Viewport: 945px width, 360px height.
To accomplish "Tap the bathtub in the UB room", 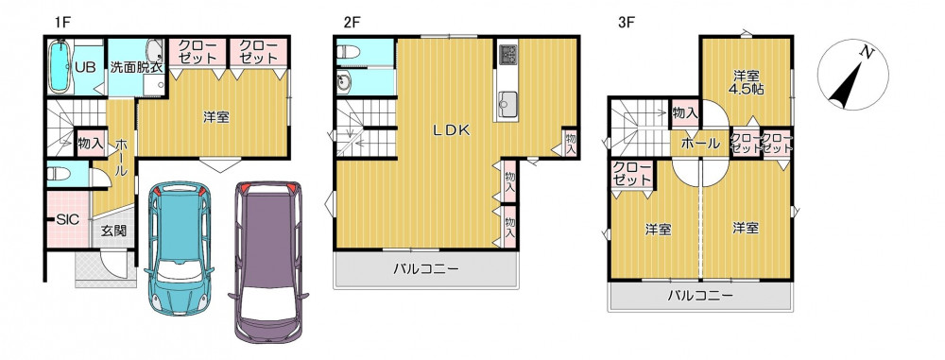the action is pyautogui.click(x=59, y=66).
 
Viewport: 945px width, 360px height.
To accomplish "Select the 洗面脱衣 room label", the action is pyautogui.click(x=136, y=67).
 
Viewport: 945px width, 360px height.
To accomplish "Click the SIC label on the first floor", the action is pyautogui.click(x=68, y=219).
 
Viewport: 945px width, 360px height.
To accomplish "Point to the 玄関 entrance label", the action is pyautogui.click(x=112, y=230).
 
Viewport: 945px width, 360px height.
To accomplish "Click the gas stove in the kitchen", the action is pyautogui.click(x=507, y=54).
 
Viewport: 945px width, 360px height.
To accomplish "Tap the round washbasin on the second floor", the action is pyautogui.click(x=344, y=83).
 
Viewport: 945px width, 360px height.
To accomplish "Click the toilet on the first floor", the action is pyautogui.click(x=59, y=174).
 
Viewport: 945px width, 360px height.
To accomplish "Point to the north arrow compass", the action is pyautogui.click(x=852, y=75).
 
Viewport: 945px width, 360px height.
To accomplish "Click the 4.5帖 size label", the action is pyautogui.click(x=747, y=90).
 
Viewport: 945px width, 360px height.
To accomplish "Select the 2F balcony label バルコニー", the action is pyautogui.click(x=426, y=268).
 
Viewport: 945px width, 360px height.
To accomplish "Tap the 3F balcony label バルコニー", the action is pyautogui.click(x=700, y=296).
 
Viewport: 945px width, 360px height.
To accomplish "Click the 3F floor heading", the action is pyautogui.click(x=627, y=23).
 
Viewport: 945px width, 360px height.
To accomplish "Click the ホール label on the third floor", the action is pyautogui.click(x=700, y=145).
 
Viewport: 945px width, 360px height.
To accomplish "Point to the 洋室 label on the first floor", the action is pyautogui.click(x=215, y=117).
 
